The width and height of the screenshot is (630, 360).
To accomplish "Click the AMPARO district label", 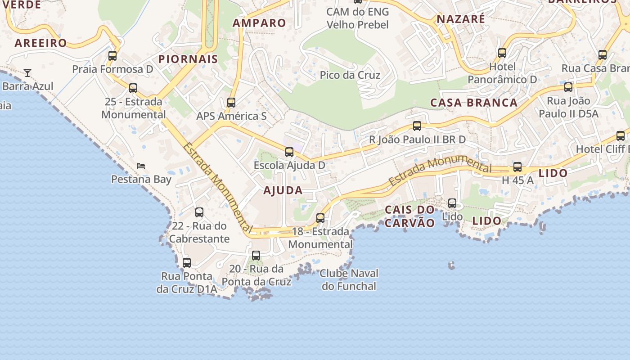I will (x=259, y=23).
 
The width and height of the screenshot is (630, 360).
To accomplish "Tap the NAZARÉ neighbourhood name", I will (x=461, y=19).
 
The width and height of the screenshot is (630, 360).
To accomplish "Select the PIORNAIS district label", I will (x=188, y=59).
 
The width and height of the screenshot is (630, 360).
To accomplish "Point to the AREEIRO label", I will (x=40, y=43).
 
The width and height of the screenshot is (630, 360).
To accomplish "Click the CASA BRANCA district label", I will (x=474, y=103).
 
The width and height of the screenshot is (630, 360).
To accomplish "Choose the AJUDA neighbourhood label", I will (x=283, y=190).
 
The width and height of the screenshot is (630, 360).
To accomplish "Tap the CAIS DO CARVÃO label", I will (x=410, y=216).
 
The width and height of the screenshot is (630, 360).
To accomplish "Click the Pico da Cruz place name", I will (x=350, y=75).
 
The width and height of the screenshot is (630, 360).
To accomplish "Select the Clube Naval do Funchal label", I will (x=349, y=279).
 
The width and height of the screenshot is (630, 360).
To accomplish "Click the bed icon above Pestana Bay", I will (x=141, y=166).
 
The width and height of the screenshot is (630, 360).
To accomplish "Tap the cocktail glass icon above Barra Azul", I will (x=27, y=72).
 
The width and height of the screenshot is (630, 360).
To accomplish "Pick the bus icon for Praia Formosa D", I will (x=112, y=56).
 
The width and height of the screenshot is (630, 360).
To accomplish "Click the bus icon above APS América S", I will (x=231, y=103).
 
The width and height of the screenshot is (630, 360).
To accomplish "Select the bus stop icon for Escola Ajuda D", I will (x=289, y=152).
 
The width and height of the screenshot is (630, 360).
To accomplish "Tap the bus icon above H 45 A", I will (x=517, y=167).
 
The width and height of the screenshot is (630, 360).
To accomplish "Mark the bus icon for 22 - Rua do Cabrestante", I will (x=199, y=212).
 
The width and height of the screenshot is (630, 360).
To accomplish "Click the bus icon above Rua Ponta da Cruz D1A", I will (x=187, y=262).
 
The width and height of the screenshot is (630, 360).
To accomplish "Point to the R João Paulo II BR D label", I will (x=417, y=139).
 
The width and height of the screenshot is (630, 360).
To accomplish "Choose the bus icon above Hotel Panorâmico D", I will (x=502, y=53).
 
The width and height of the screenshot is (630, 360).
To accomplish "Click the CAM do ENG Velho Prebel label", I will (x=358, y=18).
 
